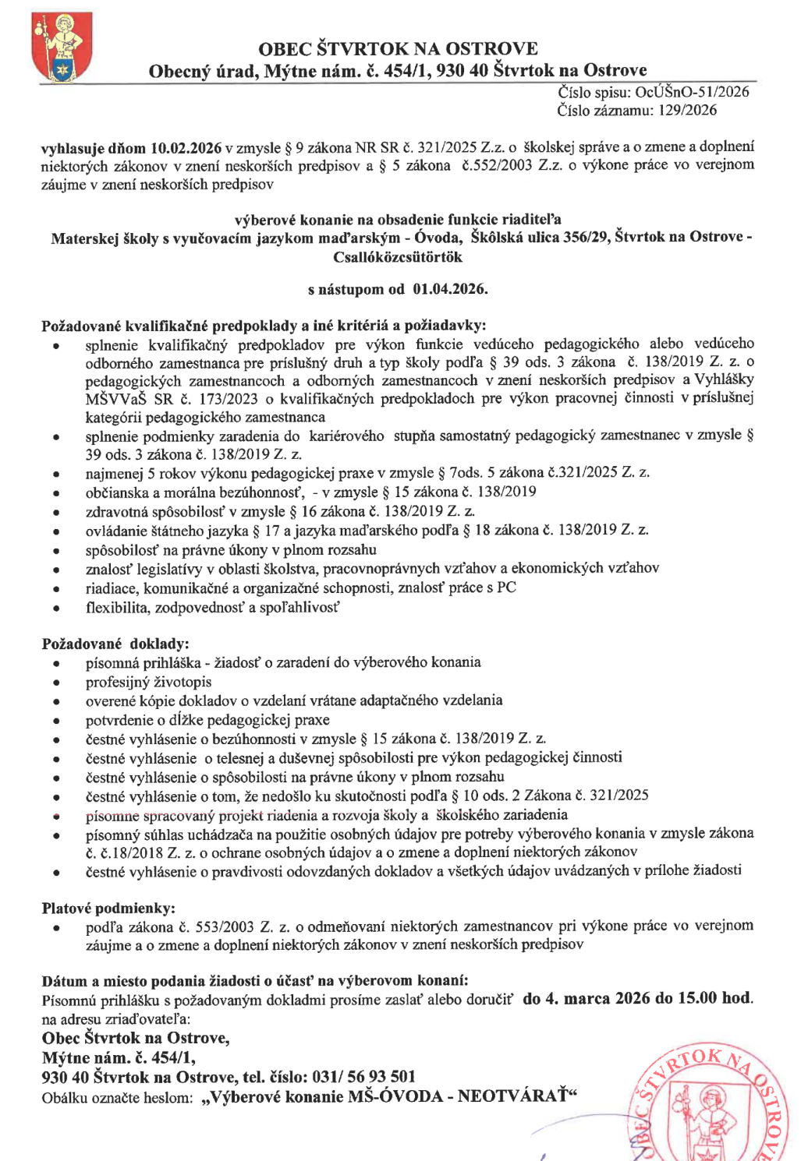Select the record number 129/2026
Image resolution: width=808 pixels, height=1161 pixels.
click(x=687, y=111)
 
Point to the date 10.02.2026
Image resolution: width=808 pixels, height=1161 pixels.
click(x=186, y=148)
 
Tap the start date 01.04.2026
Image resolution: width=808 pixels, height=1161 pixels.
click(x=450, y=289)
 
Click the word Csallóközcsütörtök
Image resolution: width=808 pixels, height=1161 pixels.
click(x=398, y=257)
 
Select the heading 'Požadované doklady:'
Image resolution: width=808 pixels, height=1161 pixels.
click(x=115, y=644)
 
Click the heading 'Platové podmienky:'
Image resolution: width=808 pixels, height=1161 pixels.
click(x=108, y=908)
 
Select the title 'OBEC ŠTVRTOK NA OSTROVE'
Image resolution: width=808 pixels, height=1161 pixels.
click(x=398, y=49)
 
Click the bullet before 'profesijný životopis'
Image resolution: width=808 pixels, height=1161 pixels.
click(x=56, y=683)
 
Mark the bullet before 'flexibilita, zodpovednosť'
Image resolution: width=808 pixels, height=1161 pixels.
click(x=56, y=608)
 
